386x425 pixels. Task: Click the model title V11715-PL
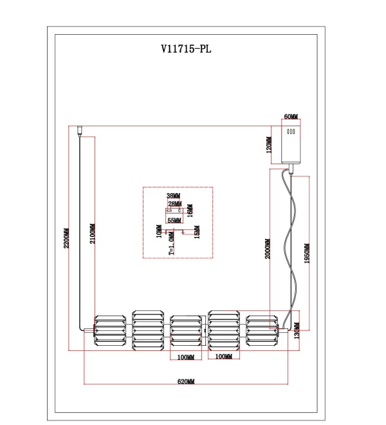coord(186,49)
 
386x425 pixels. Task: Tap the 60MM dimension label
coord(291,117)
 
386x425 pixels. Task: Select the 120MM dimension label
coord(269,145)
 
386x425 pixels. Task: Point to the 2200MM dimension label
coord(66,238)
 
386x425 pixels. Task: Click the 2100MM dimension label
coord(93,233)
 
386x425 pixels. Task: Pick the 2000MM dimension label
coord(268,249)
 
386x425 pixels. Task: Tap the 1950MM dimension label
coord(307,254)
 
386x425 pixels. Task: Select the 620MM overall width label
coord(186,381)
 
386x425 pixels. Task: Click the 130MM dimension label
coord(297,331)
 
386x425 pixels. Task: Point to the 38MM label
coord(173,195)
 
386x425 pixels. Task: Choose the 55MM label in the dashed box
coord(174,220)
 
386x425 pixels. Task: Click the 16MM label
coord(190,211)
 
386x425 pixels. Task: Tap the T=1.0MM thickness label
coord(171,243)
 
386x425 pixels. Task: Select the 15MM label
coord(198,232)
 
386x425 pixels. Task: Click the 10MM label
coord(159,231)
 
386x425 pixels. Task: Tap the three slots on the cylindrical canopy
coord(291,131)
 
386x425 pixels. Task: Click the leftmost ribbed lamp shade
coord(110,330)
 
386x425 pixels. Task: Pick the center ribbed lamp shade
coord(186,330)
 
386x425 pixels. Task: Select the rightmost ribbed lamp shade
coord(262,330)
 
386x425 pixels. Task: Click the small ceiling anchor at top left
coord(80,130)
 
